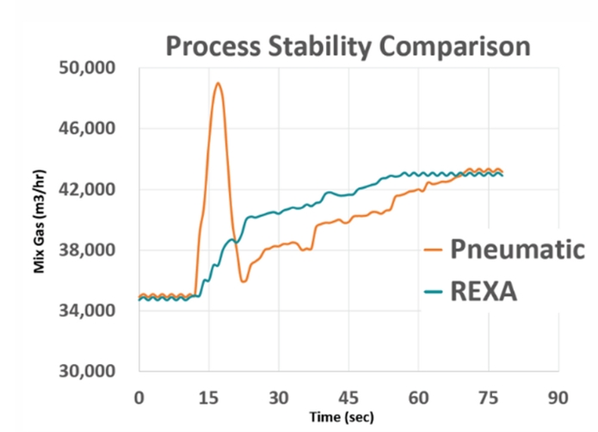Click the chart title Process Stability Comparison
click(348, 44)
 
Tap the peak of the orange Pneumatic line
click(219, 83)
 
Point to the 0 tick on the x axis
click(139, 398)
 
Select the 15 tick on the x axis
click(208, 398)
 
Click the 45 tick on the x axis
click(348, 398)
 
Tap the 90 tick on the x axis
click(558, 398)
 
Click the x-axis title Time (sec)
click(348, 417)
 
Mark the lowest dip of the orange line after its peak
click(244, 281)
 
